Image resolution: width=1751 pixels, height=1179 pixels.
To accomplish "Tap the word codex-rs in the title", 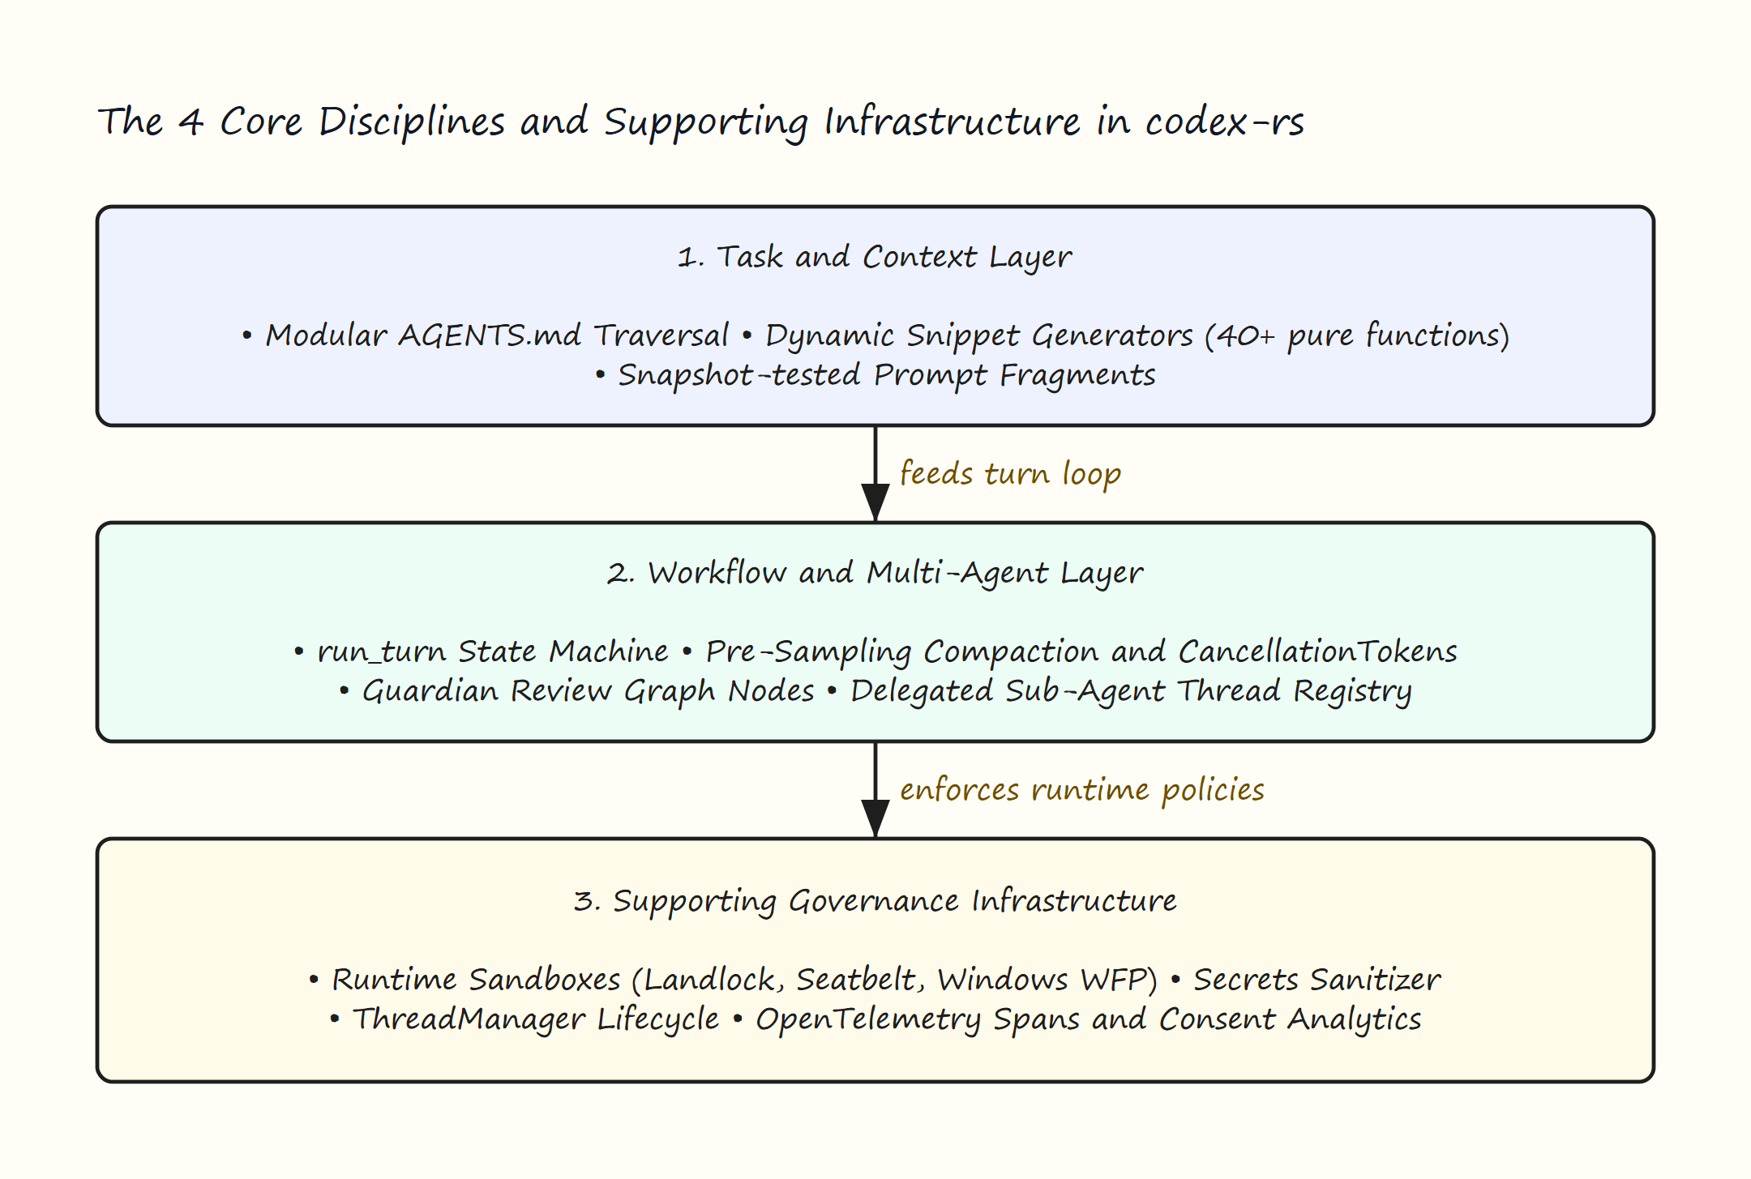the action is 1224,122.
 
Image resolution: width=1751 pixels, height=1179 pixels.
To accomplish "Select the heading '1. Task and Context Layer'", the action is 875,257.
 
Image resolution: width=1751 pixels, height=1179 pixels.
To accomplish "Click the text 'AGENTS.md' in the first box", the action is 490,335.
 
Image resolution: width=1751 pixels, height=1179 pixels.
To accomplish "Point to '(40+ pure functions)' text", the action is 1357,335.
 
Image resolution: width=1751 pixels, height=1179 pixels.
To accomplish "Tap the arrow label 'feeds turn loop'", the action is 1010,474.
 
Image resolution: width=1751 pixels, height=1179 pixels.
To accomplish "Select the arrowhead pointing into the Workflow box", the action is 875,503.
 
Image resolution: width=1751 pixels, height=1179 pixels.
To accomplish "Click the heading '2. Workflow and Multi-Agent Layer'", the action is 875,573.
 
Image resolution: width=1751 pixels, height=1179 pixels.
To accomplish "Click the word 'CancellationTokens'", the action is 1317,651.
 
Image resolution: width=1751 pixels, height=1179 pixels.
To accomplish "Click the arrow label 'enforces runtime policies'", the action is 1082,790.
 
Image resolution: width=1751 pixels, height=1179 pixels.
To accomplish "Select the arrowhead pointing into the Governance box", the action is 875,819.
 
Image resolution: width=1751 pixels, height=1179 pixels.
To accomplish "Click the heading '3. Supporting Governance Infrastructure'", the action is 875,901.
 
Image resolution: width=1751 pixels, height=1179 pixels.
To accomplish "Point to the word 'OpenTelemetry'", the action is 868,1019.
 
